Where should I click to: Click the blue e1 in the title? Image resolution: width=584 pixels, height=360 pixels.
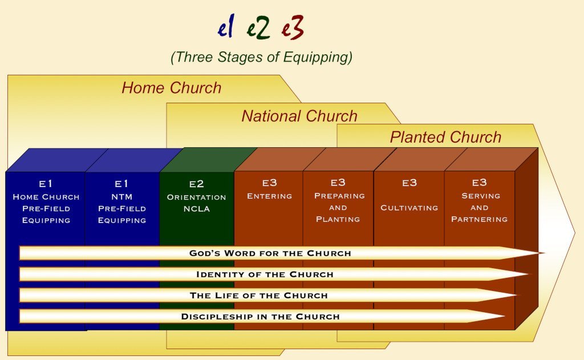(226, 27)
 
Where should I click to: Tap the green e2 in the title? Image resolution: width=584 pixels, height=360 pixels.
(258, 27)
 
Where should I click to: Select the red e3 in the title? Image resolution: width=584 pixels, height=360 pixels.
(293, 27)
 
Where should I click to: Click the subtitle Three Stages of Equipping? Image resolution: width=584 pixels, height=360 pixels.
(261, 58)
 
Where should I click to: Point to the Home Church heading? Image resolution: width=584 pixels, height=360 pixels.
(171, 88)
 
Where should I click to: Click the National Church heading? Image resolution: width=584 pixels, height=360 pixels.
(299, 116)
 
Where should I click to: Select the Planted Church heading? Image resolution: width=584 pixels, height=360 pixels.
(445, 137)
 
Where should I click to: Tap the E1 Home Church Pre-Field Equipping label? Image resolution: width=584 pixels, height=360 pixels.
(46, 201)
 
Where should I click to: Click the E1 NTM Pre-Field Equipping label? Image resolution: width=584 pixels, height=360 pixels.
(122, 201)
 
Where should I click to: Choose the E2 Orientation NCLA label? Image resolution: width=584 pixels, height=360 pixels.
(196, 196)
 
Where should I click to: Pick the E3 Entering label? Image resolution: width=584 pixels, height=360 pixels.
(269, 189)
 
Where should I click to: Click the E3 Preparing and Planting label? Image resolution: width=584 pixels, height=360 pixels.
(338, 201)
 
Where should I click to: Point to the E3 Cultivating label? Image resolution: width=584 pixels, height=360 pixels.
(409, 195)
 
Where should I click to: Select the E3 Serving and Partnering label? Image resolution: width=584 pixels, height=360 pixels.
(479, 201)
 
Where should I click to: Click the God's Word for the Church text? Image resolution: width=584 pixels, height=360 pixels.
(270, 253)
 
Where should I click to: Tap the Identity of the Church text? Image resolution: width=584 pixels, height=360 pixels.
(265, 274)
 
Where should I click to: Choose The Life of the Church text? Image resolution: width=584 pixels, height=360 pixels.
(259, 296)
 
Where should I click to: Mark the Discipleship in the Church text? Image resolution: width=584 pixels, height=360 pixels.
(260, 317)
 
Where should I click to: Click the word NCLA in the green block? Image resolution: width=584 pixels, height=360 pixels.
(196, 209)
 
